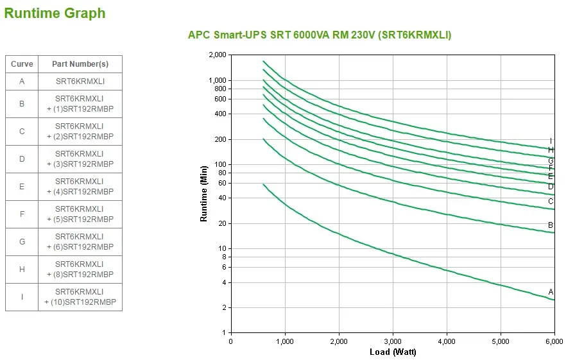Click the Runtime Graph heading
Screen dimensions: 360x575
(x=55, y=13)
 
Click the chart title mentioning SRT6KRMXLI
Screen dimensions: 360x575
(x=319, y=35)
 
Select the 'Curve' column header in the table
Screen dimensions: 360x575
(x=22, y=64)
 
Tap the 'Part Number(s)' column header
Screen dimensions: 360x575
(x=80, y=64)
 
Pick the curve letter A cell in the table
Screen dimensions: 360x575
(x=22, y=81)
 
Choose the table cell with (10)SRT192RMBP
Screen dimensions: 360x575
(x=80, y=297)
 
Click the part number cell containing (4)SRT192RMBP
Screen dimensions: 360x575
(x=80, y=187)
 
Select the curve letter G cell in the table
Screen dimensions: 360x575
(x=22, y=242)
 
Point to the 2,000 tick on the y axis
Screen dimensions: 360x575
(x=218, y=55)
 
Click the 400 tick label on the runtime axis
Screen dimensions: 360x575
(x=221, y=114)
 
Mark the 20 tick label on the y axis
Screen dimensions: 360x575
(x=223, y=224)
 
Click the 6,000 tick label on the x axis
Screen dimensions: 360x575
(x=554, y=341)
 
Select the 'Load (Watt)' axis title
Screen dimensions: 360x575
(x=393, y=352)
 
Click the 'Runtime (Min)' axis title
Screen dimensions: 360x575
(x=204, y=194)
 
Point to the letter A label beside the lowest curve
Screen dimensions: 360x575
(x=551, y=292)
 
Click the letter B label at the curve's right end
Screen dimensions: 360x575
(x=551, y=225)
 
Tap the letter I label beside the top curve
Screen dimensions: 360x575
(x=551, y=141)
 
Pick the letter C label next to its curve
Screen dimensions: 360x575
(x=551, y=201)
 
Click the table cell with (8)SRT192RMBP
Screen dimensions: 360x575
(x=80, y=270)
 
